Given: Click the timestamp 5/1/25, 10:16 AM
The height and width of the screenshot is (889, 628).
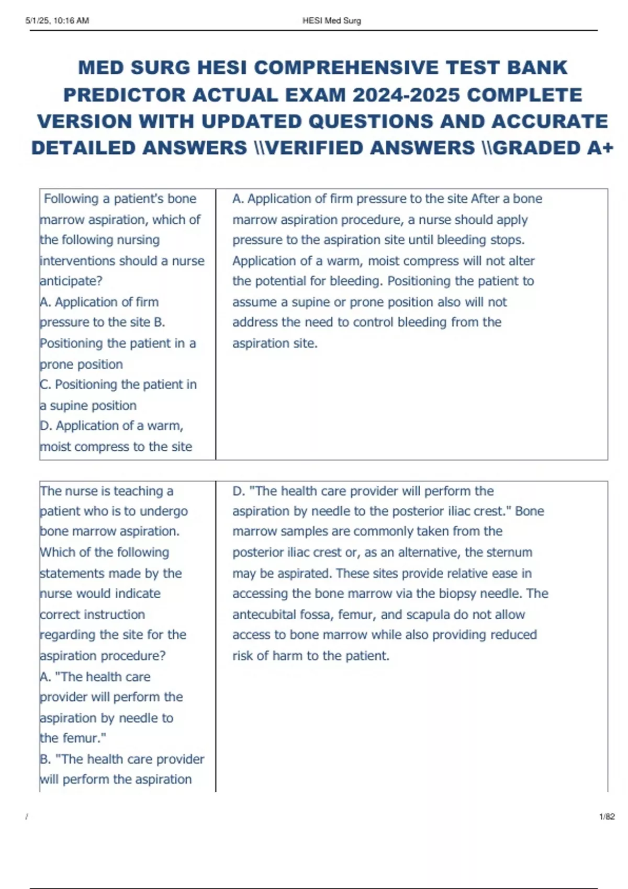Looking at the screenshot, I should pos(57,21).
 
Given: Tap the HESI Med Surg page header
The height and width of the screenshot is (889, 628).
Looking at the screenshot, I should pos(331,21).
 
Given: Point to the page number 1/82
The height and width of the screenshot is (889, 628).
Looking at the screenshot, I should pos(607,816).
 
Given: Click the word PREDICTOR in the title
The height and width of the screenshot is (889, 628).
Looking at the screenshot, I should pos(125,95).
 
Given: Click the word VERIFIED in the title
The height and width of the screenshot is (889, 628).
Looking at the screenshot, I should pos(309,148).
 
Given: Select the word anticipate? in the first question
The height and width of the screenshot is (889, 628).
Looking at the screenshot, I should pos(71,281).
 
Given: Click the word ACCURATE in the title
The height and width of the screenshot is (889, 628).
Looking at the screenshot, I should pos(549,121).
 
